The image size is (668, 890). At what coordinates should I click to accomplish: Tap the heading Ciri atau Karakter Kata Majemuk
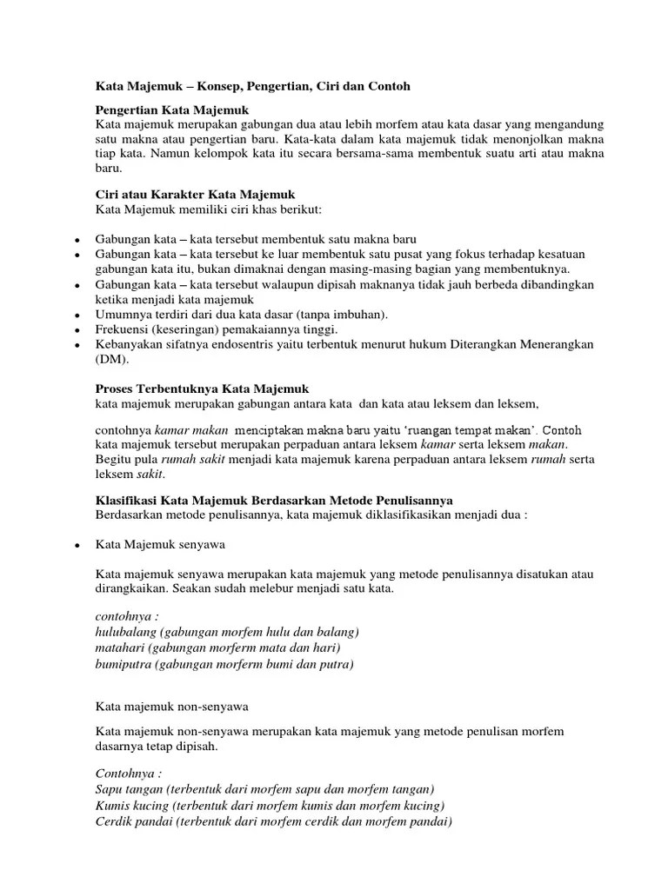click(x=197, y=195)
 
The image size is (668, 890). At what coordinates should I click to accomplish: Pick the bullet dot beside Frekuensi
click(x=77, y=330)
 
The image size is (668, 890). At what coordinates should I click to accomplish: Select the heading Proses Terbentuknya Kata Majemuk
click(x=202, y=389)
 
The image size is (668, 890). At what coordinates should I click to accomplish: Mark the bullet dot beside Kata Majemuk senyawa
click(x=77, y=544)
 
